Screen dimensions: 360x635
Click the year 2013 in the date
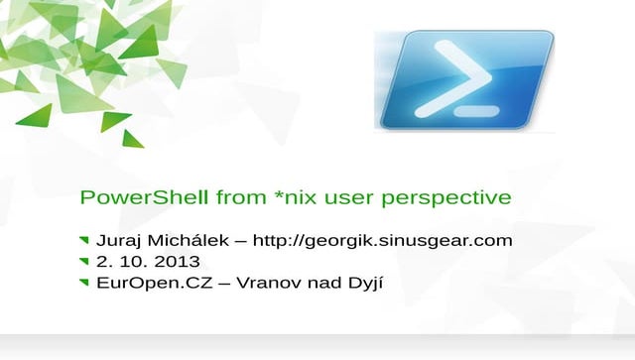point(178,262)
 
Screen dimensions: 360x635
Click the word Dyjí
point(363,285)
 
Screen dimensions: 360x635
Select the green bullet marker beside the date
point(83,262)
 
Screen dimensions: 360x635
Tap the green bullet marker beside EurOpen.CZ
point(83,284)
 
